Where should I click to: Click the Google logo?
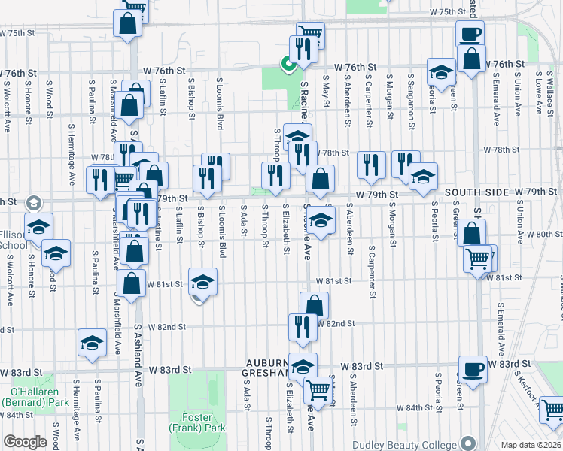click(x=26, y=441)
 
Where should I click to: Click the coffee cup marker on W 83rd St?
click(x=472, y=369)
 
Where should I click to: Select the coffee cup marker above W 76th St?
click(x=470, y=34)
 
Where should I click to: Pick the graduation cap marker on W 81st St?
click(x=202, y=282)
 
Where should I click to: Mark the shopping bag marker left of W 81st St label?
click(x=132, y=284)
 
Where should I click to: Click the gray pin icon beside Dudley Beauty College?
click(x=470, y=441)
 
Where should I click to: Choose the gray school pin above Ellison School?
click(x=32, y=203)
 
